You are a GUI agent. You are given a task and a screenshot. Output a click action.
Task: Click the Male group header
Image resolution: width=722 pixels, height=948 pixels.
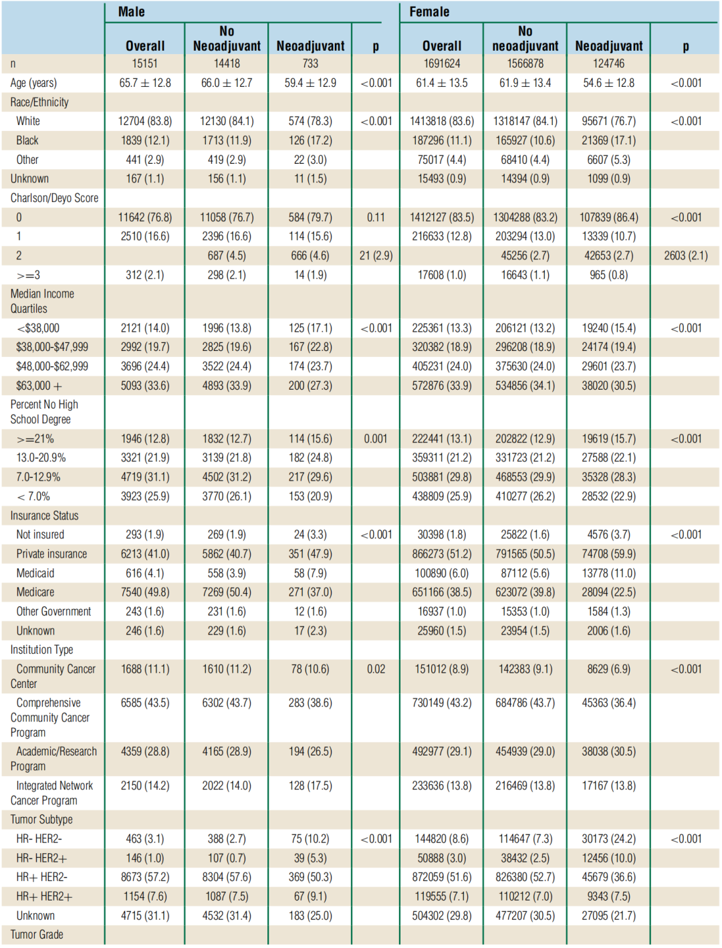[131, 12]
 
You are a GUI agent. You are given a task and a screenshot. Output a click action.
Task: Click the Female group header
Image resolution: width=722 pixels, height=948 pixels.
[429, 12]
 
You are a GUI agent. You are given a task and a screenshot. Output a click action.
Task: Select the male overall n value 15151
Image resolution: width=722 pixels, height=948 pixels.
[144, 64]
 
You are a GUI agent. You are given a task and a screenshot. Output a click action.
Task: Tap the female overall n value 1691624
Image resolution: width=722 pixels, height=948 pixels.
[441, 64]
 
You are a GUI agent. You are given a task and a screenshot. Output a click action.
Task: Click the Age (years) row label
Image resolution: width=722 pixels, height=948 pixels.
[33, 83]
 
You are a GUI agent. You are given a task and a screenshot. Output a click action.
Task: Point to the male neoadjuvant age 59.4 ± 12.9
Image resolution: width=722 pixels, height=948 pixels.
[310, 83]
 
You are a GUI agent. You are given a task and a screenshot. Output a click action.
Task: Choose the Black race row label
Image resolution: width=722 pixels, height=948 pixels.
[27, 140]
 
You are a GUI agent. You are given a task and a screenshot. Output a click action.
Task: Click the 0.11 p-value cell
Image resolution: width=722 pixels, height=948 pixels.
[376, 217]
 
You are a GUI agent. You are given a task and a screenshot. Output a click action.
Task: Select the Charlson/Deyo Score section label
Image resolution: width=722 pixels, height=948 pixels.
[54, 198]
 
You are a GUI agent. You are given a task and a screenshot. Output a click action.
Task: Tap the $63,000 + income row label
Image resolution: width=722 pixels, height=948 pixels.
[39, 386]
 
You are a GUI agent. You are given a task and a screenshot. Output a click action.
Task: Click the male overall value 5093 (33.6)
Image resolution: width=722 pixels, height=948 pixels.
[144, 386]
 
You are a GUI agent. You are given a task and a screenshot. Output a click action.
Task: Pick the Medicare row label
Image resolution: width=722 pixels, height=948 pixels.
[35, 592]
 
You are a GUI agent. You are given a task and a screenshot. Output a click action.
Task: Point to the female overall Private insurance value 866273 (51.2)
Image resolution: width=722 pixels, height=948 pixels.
[441, 554]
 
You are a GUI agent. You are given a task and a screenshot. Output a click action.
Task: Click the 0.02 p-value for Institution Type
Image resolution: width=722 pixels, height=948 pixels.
[376, 669]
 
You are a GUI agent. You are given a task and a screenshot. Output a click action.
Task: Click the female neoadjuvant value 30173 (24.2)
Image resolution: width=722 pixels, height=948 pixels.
[608, 839]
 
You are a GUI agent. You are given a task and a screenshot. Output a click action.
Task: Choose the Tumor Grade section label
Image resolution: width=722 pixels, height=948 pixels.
[37, 935]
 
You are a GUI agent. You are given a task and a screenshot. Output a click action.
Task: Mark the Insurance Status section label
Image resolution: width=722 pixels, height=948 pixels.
[44, 515]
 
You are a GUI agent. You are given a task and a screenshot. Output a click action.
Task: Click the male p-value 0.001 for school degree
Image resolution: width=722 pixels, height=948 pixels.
[376, 439]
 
